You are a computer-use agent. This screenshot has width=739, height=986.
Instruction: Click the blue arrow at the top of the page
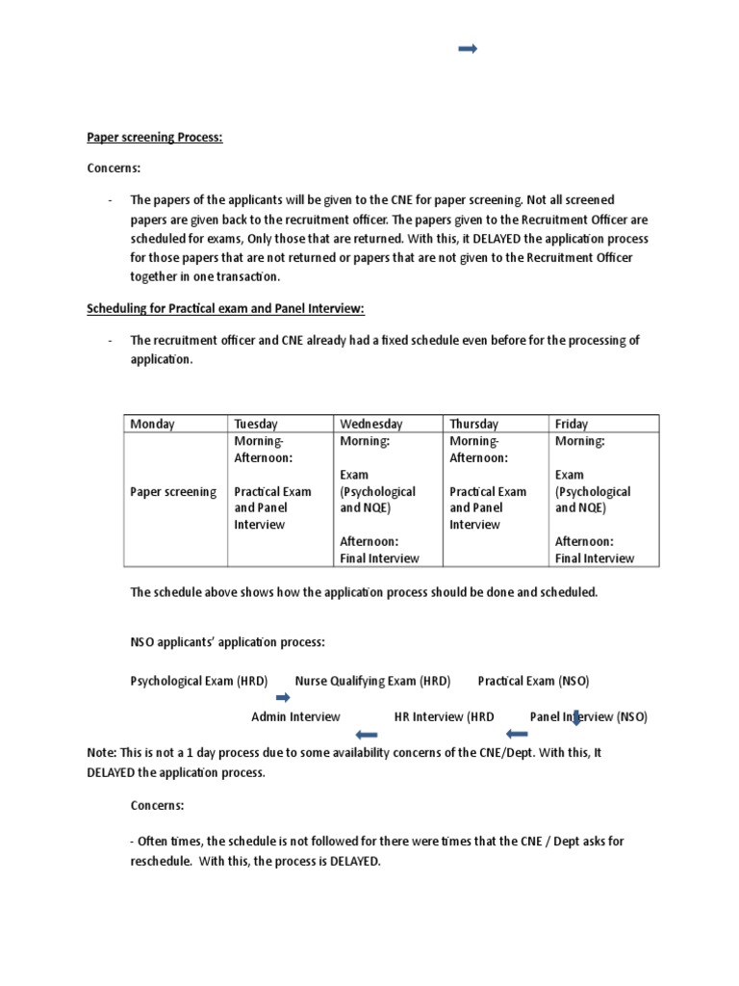469,49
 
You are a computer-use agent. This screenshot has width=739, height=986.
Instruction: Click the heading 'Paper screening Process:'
155,138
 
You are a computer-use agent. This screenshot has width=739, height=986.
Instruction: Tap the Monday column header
152,424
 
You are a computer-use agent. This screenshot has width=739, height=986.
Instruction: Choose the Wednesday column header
370,424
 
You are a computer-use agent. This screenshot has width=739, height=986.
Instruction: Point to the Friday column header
572,424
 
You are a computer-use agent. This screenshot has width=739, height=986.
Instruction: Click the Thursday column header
473,424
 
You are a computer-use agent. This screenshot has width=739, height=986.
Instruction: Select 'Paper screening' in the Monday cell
173,492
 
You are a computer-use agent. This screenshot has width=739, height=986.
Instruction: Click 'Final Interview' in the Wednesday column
379,558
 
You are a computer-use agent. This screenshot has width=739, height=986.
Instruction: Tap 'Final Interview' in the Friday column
595,558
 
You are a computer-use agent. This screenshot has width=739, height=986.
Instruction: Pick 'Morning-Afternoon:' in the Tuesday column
259,450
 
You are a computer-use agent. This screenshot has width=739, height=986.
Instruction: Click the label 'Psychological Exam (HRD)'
199,681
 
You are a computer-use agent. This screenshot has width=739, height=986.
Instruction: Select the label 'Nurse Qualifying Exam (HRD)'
372,681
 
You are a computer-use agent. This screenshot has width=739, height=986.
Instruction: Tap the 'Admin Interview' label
295,716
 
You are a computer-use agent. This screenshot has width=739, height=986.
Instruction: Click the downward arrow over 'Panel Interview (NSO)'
577,717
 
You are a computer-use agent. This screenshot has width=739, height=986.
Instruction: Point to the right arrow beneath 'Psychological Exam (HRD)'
283,698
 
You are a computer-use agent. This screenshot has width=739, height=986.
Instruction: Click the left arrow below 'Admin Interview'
366,735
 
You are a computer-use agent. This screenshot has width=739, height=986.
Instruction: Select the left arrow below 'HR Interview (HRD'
517,735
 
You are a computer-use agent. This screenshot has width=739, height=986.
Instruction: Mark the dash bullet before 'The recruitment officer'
111,341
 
